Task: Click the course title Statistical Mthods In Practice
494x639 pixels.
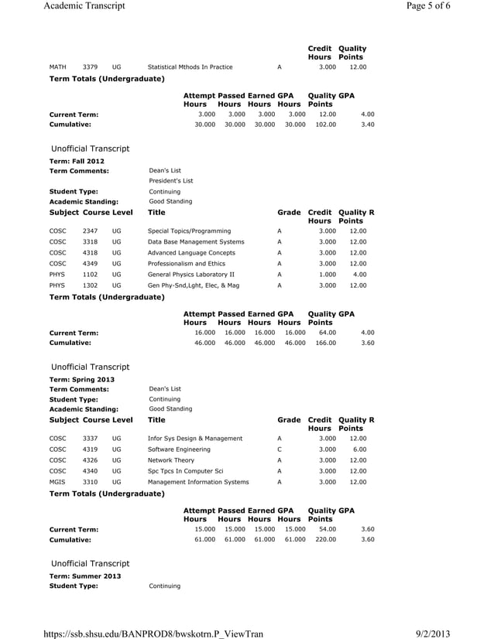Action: [x=190, y=67]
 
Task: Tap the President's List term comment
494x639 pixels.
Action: [x=170, y=181]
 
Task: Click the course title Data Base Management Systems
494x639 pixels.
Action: [x=196, y=242]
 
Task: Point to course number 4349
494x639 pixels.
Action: [x=90, y=264]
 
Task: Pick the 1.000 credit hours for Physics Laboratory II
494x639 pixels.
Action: [x=328, y=275]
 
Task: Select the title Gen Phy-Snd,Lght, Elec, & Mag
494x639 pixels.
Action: [x=194, y=285]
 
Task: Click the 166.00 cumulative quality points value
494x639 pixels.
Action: [x=325, y=341]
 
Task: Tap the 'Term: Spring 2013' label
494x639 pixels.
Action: [x=81, y=379]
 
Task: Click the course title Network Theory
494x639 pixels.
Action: [x=171, y=460]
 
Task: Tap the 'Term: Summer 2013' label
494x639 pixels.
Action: [x=84, y=576]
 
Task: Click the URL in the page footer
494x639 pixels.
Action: [x=153, y=632]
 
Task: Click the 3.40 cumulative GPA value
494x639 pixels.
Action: [x=368, y=123]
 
